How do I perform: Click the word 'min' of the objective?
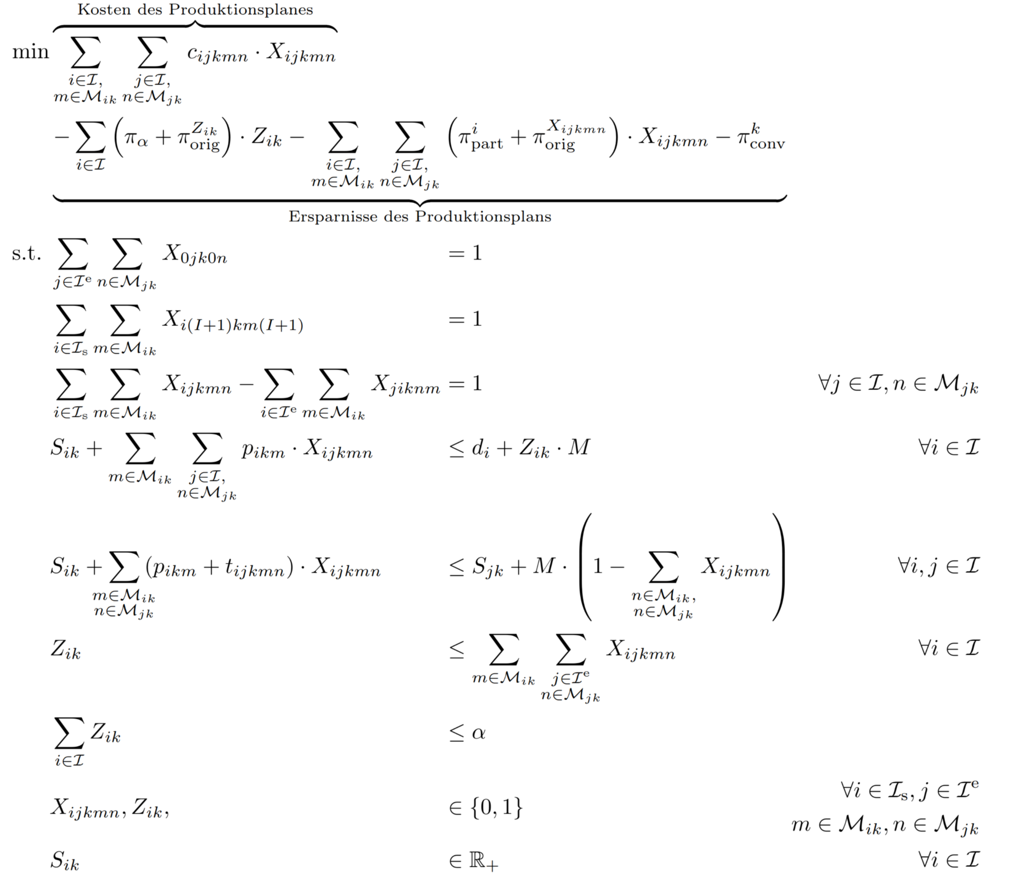(31, 52)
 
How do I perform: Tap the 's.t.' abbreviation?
(26, 253)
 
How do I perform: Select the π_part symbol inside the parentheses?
(480, 138)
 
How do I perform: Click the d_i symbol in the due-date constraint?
(480, 448)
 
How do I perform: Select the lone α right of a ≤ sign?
(478, 733)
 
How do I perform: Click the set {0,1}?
(496, 807)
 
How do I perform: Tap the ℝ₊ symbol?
(483, 861)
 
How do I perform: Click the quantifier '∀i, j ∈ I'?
(938, 566)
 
